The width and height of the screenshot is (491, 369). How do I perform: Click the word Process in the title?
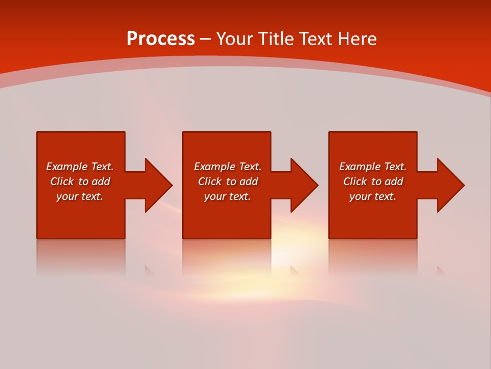point(161,39)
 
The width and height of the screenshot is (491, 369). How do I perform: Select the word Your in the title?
point(235,39)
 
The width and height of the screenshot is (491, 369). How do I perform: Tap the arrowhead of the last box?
point(450,185)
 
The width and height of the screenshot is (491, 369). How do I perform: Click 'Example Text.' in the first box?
point(80,167)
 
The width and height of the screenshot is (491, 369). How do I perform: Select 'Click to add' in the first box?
point(80,181)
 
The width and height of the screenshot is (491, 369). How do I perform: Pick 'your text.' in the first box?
point(80,196)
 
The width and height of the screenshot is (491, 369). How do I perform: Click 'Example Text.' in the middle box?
point(228,167)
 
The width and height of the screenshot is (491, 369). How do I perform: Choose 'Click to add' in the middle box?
point(228,181)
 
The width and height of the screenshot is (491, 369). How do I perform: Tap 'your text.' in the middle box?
point(228,196)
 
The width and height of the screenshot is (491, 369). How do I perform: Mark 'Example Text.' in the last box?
point(373,167)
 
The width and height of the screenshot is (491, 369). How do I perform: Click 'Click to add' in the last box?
point(373,181)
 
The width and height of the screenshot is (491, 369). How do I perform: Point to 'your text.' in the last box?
point(373,196)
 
